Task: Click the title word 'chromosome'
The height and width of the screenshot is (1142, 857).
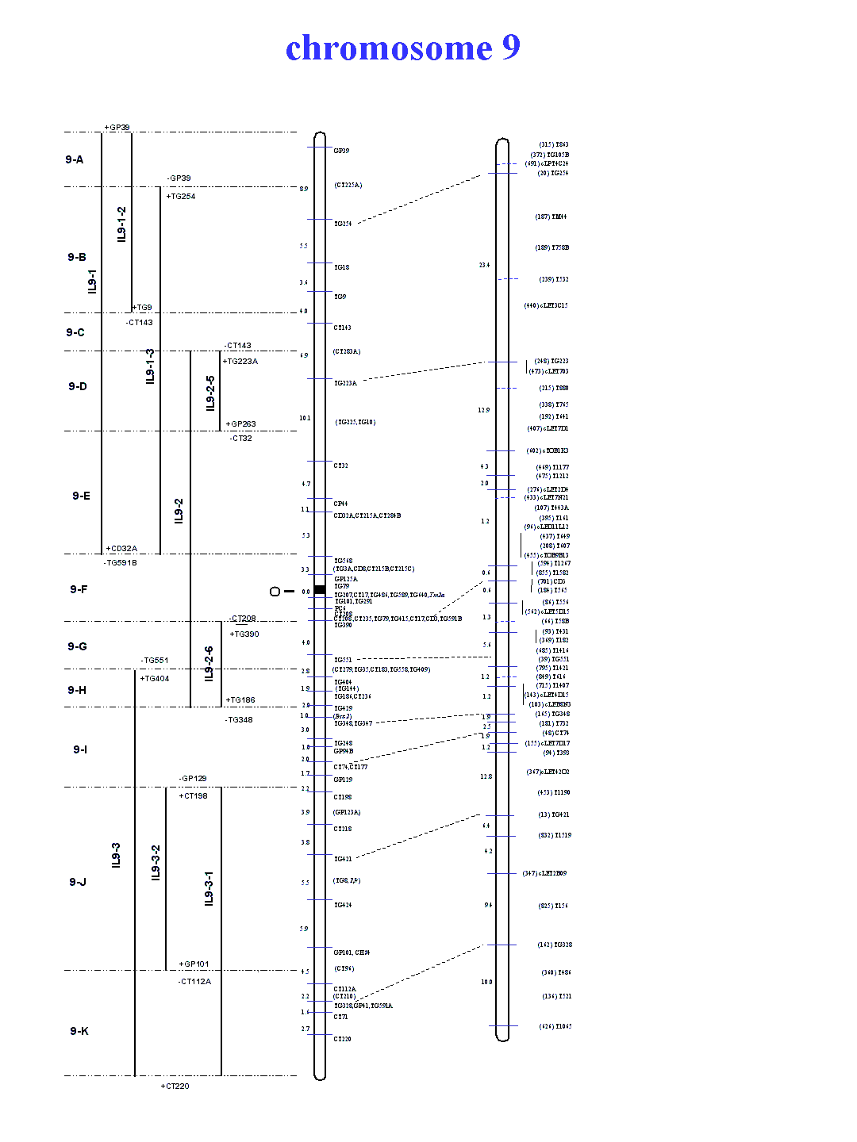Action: [388, 48]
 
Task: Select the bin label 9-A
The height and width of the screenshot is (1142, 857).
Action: [75, 159]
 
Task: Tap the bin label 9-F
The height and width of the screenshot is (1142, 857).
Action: [79, 589]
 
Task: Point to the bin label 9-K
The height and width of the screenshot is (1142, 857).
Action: [79, 1031]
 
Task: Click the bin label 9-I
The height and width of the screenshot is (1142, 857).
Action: [80, 749]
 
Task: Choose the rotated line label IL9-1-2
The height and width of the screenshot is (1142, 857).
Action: [121, 224]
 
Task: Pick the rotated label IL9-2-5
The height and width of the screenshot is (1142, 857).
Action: [210, 393]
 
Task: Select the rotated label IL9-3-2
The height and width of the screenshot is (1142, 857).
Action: [156, 863]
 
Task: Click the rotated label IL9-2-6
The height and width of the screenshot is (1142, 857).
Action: [209, 664]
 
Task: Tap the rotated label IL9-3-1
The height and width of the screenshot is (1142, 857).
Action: [209, 888]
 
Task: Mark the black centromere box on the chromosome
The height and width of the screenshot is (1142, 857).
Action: [320, 589]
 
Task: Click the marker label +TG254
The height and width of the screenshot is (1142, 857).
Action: [181, 197]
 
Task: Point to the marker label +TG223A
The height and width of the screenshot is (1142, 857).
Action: [240, 362]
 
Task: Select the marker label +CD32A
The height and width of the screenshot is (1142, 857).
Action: [121, 549]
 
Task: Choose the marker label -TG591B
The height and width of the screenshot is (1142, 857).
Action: [121, 563]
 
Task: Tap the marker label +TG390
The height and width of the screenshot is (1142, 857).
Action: [244, 634]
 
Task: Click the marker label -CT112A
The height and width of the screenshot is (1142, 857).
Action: [194, 982]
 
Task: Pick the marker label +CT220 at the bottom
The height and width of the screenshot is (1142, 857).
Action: [175, 1086]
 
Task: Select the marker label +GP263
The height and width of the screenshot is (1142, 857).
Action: [241, 424]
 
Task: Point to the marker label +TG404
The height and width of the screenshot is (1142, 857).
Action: [155, 679]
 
